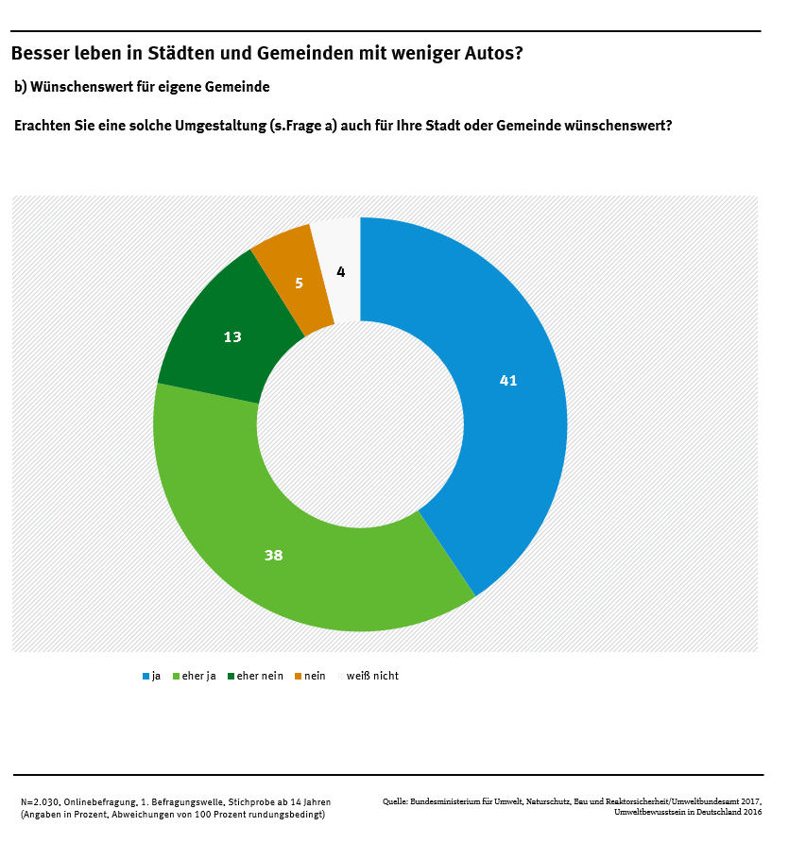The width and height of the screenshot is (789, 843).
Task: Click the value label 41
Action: (508, 381)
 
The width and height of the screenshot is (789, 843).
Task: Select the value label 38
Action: (273, 556)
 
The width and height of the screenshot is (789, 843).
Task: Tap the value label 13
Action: (232, 336)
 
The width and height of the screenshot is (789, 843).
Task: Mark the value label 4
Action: (341, 272)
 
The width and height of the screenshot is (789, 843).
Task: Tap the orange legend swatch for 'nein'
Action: (299, 676)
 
